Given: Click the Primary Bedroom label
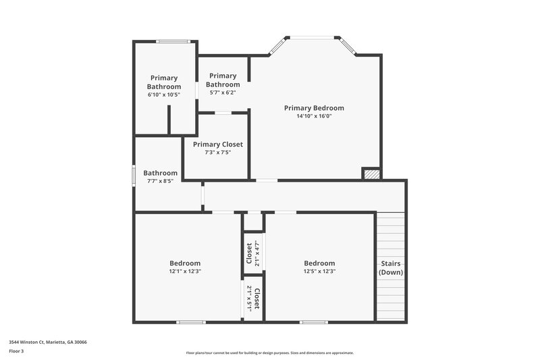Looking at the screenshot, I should pyautogui.click(x=314, y=108).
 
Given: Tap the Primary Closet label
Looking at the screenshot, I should pyautogui.click(x=217, y=145).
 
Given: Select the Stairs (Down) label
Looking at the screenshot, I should pyautogui.click(x=391, y=267).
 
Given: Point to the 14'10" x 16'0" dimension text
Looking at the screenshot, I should pyautogui.click(x=314, y=116).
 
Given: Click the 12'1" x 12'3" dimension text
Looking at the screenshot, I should pyautogui.click(x=184, y=272).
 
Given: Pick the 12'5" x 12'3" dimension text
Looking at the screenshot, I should pyautogui.click(x=319, y=272).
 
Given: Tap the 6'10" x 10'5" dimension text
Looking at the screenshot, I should pyautogui.click(x=164, y=95).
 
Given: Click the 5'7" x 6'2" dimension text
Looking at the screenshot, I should pyautogui.click(x=223, y=93).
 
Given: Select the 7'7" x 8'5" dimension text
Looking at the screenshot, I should pyautogui.click(x=160, y=181).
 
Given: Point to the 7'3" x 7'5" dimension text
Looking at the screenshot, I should pyautogui.click(x=217, y=153).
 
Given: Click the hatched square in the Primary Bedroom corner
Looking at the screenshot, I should pyautogui.click(x=371, y=174).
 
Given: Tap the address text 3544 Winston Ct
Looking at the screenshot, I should pyautogui.click(x=47, y=342).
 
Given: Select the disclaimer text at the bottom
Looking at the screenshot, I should pyautogui.click(x=270, y=353).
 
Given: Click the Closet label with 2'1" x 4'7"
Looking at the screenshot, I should pyautogui.click(x=249, y=254).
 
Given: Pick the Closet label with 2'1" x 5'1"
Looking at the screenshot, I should pyautogui.click(x=257, y=297).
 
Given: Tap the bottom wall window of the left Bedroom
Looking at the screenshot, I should pyautogui.click(x=191, y=322).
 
